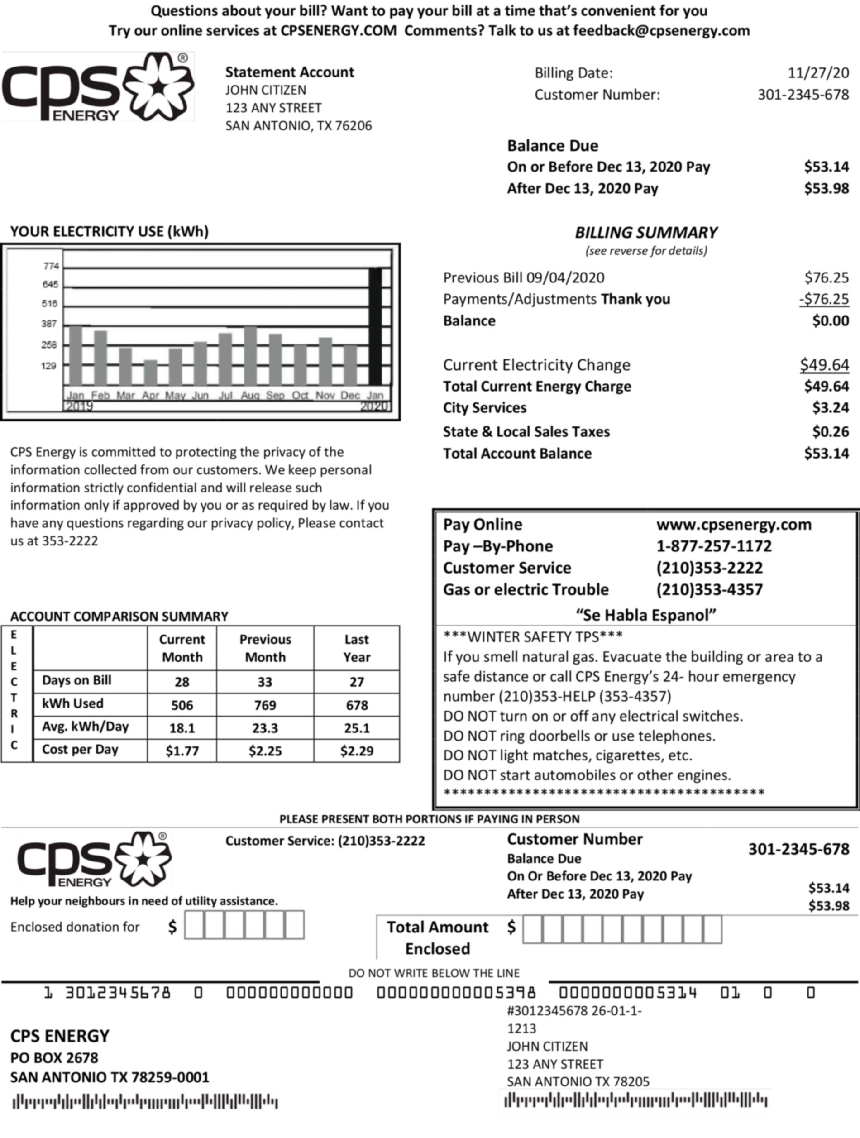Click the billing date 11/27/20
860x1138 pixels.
click(x=818, y=72)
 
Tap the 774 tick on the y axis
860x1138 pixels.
click(x=51, y=266)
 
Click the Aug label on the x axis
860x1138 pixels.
click(x=250, y=395)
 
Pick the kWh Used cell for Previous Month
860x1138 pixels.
click(x=265, y=705)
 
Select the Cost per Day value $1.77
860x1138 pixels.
click(x=182, y=751)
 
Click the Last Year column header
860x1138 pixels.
click(x=357, y=648)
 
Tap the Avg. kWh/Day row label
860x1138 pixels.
click(x=86, y=727)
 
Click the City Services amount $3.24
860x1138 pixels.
click(x=830, y=408)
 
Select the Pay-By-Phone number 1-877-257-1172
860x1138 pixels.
click(x=714, y=546)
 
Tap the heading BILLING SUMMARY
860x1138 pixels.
click(x=646, y=233)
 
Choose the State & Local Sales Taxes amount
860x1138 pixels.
click(x=830, y=432)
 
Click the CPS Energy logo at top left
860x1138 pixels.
click(x=98, y=86)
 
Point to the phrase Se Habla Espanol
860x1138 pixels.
click(x=646, y=615)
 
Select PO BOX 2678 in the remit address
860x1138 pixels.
click(x=54, y=1058)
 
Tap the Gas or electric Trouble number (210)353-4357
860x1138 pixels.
click(x=709, y=589)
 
